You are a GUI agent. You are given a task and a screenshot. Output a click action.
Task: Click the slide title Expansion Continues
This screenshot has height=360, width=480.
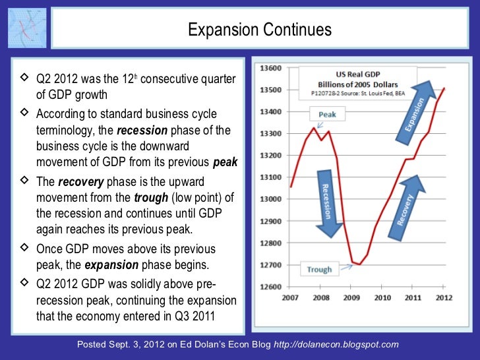click(259, 30)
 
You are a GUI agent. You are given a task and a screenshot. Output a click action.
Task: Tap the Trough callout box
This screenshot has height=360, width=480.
click(319, 269)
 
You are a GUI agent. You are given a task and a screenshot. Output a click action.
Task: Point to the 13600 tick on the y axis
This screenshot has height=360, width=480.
click(272, 68)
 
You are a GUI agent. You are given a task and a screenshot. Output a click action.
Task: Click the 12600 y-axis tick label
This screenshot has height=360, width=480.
click(272, 287)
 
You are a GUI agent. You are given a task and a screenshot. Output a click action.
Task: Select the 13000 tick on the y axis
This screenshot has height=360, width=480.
click(272, 199)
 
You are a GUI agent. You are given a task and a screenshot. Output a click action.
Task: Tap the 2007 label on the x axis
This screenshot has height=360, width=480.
click(290, 297)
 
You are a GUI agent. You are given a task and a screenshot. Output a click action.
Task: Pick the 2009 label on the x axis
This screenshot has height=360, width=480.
click(352, 297)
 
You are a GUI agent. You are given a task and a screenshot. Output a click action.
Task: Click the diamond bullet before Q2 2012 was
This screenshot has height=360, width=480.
click(24, 79)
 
